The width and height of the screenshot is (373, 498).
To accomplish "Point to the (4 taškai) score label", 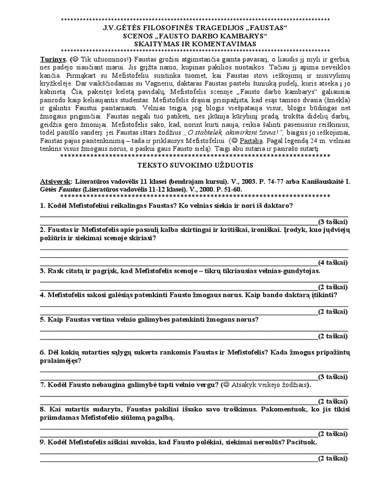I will (333, 262).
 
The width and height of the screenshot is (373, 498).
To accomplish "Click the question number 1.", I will (42, 205).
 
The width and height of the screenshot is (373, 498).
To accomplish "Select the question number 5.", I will (42, 320).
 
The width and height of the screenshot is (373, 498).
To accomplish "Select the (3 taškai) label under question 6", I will (333, 376).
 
